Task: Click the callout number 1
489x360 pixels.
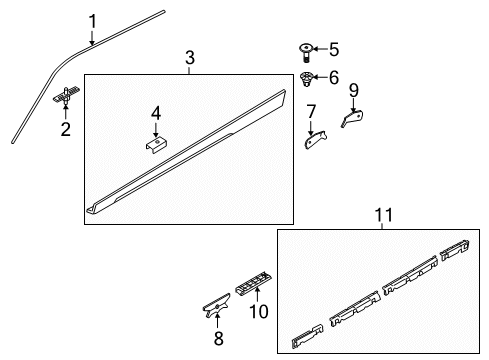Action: [93, 22]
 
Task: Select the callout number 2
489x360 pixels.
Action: [66, 129]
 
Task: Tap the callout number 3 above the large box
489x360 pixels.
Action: [190, 58]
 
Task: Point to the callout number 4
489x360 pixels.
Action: [156, 114]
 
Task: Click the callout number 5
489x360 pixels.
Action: [334, 49]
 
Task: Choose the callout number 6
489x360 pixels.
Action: [334, 77]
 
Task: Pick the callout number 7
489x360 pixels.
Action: [311, 112]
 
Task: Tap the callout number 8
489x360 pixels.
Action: [218, 338]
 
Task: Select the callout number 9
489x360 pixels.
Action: [354, 90]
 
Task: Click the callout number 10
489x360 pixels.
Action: [259, 312]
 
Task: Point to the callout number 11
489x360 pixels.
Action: [384, 215]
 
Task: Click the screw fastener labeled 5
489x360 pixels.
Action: [305, 53]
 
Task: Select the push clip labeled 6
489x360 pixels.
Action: [306, 79]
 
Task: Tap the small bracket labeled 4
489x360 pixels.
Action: [156, 145]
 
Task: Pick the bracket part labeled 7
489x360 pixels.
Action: [315, 139]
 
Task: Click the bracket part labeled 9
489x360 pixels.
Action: [352, 118]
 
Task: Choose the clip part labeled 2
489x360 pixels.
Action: [67, 95]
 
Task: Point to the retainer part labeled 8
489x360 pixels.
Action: [217, 305]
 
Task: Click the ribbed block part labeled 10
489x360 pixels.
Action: [253, 283]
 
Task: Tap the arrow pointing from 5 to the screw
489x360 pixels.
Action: [320, 49]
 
